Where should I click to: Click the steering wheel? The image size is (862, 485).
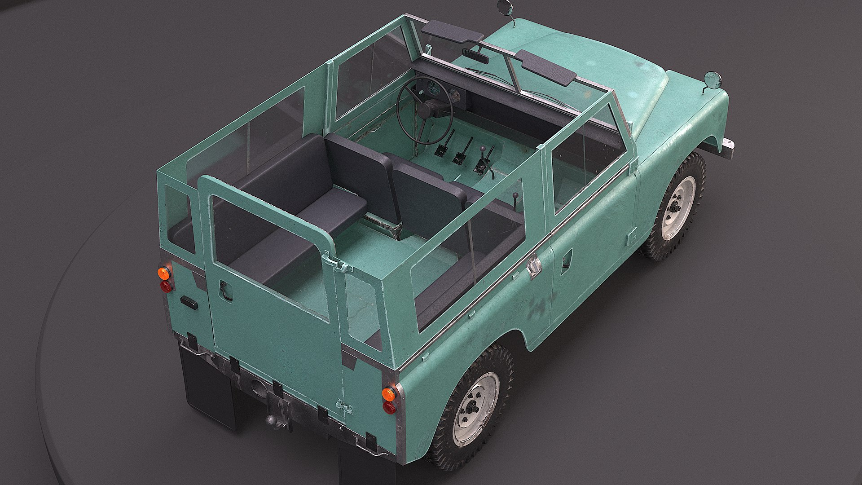(x=424, y=110)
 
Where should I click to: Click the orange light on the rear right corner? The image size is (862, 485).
(x=389, y=394)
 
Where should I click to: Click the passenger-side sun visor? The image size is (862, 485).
(x=545, y=68)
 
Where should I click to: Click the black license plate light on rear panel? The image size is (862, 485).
(x=189, y=302)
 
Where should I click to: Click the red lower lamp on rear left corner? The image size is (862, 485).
(x=166, y=286)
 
